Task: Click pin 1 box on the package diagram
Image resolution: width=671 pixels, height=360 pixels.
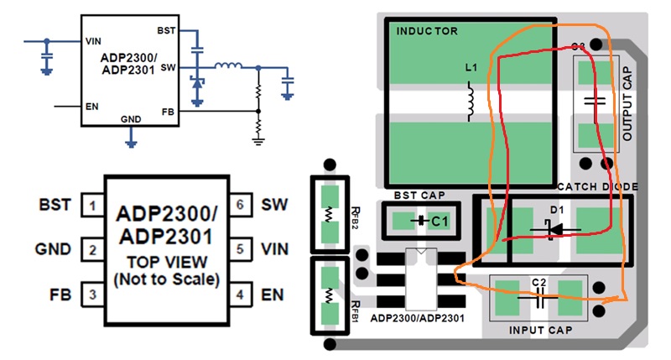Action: coord(92,206)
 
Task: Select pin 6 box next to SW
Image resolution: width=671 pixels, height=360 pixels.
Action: coord(240,204)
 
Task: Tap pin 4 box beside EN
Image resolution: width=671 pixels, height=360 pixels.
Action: coord(240,295)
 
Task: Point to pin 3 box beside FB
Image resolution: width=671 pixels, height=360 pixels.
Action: coord(92,295)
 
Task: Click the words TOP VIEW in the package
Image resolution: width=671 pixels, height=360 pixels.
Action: coord(167,262)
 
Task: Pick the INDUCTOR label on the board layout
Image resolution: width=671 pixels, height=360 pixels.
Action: coord(427,31)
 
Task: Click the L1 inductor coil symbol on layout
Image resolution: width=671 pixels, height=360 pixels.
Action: coord(471,102)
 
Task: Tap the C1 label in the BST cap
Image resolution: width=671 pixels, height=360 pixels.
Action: coord(440,221)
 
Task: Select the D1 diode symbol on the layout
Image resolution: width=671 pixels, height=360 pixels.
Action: coord(555,229)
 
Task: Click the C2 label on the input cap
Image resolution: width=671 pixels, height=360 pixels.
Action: coord(538,283)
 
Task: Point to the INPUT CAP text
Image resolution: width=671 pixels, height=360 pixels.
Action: coord(540,330)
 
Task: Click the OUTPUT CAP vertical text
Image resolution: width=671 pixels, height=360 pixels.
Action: coord(627,103)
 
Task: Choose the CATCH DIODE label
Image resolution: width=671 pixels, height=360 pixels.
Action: coord(597,186)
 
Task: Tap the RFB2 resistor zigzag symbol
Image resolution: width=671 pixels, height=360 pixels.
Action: coord(329,214)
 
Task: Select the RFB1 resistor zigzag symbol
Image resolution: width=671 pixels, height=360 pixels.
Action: coord(329,295)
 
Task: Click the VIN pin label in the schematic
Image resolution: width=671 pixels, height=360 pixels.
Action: coord(93,41)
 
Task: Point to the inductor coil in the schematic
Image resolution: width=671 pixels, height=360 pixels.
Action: coord(228,66)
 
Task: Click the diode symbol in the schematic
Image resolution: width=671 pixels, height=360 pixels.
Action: coord(197,82)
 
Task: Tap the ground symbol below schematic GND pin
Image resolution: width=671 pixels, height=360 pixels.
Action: coord(131,143)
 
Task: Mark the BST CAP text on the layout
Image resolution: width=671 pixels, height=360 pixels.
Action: coord(419,196)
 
